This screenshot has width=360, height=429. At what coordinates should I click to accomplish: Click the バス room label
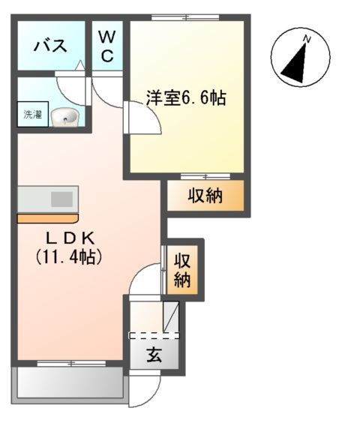[50, 46]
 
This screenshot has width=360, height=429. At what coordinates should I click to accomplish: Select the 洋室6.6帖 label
[186, 97]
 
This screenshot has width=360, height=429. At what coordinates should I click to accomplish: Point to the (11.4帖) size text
[69, 256]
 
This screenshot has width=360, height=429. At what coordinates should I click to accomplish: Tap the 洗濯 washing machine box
[32, 116]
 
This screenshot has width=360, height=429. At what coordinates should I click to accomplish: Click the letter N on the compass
[306, 39]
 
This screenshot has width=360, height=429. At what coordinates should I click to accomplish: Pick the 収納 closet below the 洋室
[205, 196]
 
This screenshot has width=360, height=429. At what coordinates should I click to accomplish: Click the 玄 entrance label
[154, 355]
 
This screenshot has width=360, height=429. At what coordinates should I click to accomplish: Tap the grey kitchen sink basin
[61, 199]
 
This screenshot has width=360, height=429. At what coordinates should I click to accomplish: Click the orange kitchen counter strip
[48, 218]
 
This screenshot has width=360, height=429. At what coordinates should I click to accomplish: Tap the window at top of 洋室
[185, 17]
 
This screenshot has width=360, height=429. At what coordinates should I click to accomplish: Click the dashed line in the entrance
[154, 334]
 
